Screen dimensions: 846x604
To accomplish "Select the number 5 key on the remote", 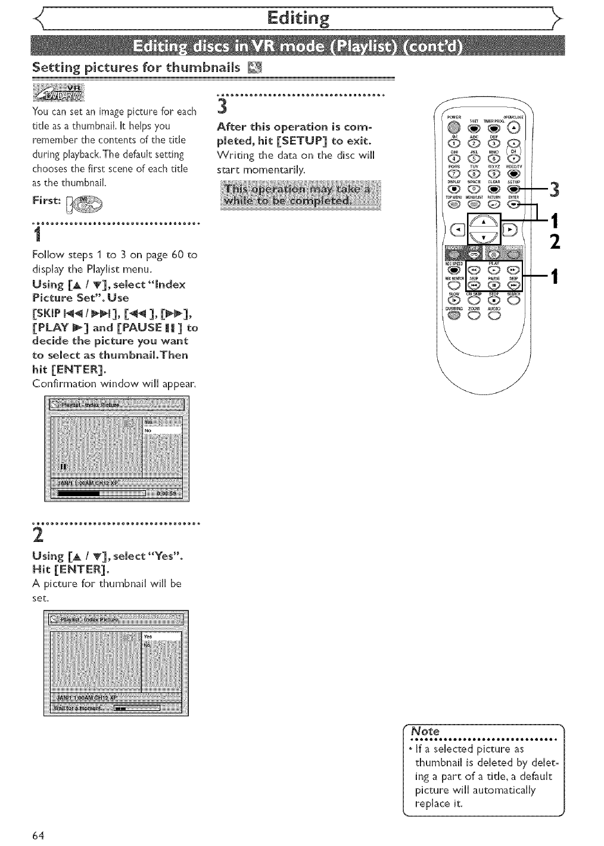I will pyautogui.click(x=475, y=158).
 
